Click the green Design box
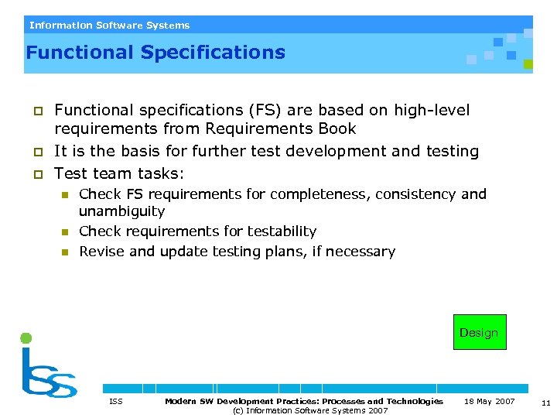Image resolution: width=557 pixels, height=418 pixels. pos(480,332)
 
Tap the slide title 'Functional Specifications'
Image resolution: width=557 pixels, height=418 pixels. pos(155,53)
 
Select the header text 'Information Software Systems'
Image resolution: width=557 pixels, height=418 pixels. pos(109,25)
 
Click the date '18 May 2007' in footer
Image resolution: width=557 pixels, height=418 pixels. pos(489,401)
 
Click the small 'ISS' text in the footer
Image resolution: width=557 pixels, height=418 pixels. pos(116,401)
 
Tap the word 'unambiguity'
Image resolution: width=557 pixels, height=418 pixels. pos(121,211)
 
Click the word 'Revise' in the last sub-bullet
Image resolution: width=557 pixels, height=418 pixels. pos(101,252)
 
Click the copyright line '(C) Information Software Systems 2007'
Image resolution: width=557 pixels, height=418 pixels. pos(310,410)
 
